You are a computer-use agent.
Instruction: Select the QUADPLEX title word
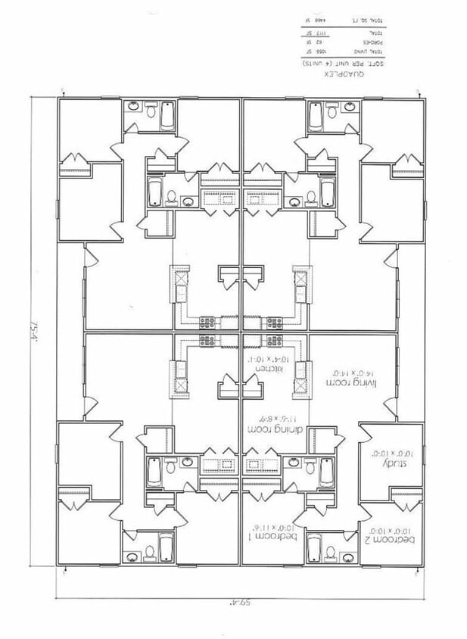coord(338,76)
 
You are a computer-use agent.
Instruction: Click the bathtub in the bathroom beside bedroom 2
coord(310,547)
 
